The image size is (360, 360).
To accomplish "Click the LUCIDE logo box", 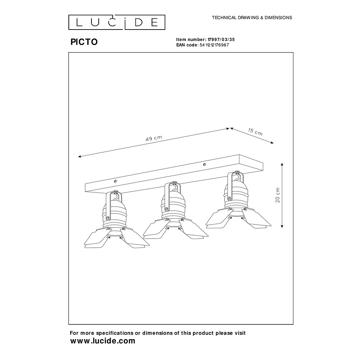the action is pyautogui.click(x=117, y=22).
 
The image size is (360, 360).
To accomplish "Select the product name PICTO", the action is pyautogui.click(x=84, y=42).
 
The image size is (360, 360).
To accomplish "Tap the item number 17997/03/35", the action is pyautogui.click(x=221, y=40).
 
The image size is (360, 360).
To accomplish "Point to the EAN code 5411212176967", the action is pyautogui.click(x=214, y=45).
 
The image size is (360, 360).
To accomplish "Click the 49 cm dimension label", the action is pyautogui.click(x=154, y=138).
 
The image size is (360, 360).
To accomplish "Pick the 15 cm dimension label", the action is pyautogui.click(x=255, y=131).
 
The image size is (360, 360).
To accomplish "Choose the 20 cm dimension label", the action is pyautogui.click(x=278, y=195).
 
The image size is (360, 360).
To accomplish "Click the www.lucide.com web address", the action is pyautogui.click(x=103, y=341).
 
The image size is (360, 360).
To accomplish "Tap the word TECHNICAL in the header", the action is pyautogui.click(x=224, y=18).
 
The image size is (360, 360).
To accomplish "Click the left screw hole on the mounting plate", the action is pyautogui.click(x=116, y=181).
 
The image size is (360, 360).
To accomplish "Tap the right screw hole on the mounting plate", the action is pyautogui.click(x=204, y=165).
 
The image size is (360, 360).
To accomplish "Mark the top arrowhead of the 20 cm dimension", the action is pyautogui.click(x=282, y=165).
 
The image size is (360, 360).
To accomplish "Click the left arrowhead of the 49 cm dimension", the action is pyautogui.click(x=80, y=157).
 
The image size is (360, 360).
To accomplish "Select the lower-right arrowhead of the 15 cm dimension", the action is pyautogui.click(x=272, y=143).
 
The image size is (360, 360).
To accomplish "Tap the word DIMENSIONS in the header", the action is pyautogui.click(x=278, y=18).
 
